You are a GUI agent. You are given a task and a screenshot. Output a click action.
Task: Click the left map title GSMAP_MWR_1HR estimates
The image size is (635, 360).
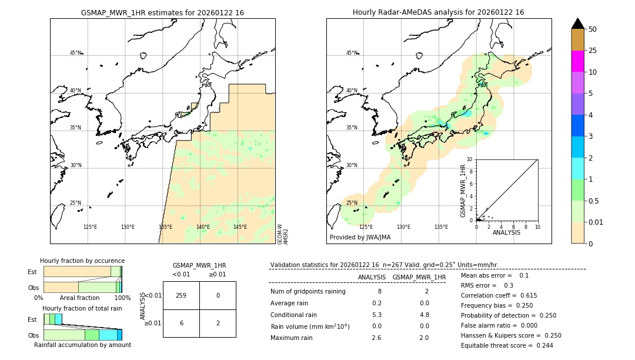click(x=162, y=12)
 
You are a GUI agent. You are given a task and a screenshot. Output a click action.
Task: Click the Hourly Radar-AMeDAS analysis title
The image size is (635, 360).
click(x=439, y=12)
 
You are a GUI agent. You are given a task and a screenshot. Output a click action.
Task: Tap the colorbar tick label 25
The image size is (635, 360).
click(x=593, y=51)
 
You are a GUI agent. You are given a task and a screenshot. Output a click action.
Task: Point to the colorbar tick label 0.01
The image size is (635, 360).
click(x=596, y=222)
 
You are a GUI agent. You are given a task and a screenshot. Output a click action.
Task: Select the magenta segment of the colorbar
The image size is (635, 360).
click(x=578, y=61)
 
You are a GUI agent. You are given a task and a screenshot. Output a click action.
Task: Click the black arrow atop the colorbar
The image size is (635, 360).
click(x=578, y=24)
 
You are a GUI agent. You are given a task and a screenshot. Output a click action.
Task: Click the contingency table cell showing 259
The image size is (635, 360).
click(x=181, y=295)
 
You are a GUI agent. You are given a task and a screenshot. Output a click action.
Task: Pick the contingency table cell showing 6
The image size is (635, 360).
click(x=181, y=323)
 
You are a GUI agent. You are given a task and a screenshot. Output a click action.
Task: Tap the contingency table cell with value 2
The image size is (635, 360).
click(x=218, y=323)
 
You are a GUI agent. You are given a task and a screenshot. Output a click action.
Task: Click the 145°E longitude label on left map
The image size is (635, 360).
click(x=240, y=227)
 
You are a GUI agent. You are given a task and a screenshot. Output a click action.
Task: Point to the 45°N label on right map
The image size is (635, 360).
click(x=352, y=53)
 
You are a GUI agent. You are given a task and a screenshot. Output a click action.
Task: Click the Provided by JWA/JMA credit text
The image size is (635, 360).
click(x=360, y=238)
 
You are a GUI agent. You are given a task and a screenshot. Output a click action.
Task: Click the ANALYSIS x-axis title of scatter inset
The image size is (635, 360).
click(x=506, y=232)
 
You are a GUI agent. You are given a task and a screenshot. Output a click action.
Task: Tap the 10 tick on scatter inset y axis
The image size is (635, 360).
click(x=470, y=159)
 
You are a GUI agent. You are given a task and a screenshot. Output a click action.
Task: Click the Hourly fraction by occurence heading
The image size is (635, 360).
click(x=82, y=261)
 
